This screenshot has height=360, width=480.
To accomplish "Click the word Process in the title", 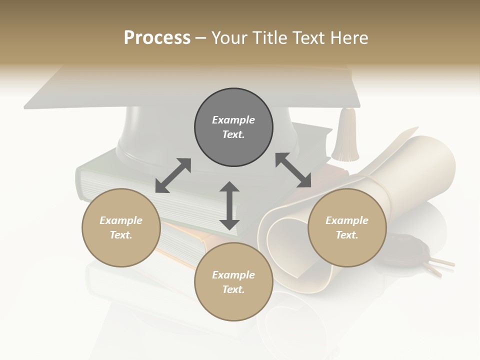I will (x=157, y=38).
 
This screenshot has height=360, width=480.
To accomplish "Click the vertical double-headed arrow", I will (x=229, y=205).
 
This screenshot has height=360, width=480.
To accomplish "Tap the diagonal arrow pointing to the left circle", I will (x=173, y=175).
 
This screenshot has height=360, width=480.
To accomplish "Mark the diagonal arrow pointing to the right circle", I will (x=293, y=170).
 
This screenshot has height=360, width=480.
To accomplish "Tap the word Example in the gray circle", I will (x=233, y=120).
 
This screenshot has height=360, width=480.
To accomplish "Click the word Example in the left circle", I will (x=121, y=220).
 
